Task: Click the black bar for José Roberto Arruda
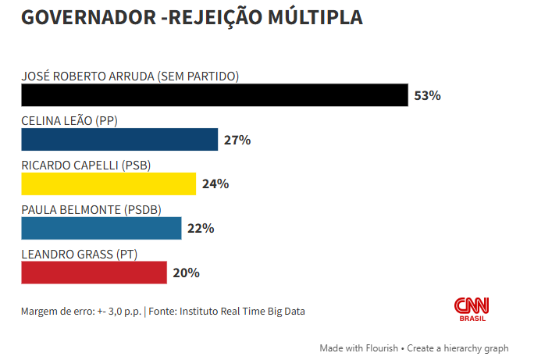(214, 95)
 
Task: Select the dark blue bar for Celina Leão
(119, 140)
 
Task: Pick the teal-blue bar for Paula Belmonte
(101, 228)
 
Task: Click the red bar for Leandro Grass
(94, 273)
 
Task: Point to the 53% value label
(428, 96)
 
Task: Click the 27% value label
(237, 141)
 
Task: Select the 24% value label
(215, 184)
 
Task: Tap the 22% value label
(201, 229)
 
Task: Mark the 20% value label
(187, 273)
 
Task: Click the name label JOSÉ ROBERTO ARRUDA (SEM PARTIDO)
(130, 77)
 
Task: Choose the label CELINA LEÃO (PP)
(69, 121)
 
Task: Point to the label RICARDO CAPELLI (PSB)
(86, 165)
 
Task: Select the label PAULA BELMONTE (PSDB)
(91, 209)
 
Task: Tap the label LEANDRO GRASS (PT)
(80, 254)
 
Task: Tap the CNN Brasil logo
(471, 309)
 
